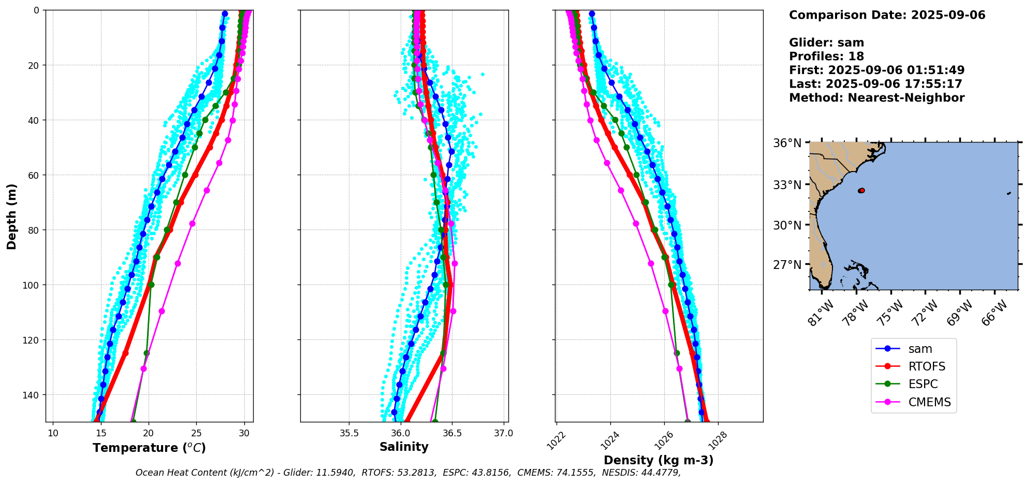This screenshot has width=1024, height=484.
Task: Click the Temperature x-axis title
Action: (x=149, y=448)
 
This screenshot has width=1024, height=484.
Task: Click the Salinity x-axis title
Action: (x=404, y=447)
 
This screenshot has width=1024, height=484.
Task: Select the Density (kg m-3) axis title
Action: (x=659, y=460)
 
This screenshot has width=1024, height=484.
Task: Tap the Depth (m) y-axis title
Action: (x=12, y=216)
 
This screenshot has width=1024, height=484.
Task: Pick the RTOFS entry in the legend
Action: (x=926, y=366)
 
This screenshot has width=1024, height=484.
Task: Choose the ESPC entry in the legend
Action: (x=923, y=384)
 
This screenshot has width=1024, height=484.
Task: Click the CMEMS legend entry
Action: (x=929, y=402)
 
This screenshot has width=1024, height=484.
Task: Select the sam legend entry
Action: (x=920, y=349)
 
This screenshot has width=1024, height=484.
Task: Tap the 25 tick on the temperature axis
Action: (x=197, y=433)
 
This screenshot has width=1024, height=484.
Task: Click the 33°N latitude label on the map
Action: (x=787, y=185)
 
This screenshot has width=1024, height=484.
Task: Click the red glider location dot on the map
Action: (x=861, y=191)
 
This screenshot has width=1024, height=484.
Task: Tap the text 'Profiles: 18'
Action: (x=826, y=56)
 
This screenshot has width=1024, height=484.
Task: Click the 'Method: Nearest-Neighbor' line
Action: (x=876, y=98)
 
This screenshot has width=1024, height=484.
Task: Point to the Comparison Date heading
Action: (x=887, y=15)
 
